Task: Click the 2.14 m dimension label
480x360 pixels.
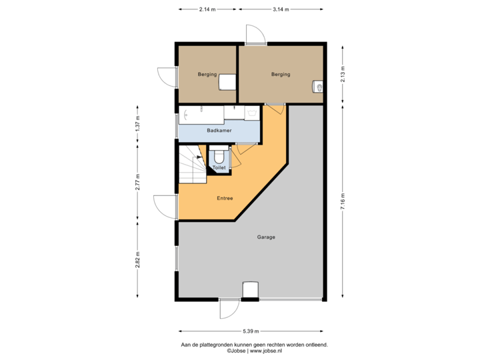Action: point(207,9)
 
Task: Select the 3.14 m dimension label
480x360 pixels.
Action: point(281,9)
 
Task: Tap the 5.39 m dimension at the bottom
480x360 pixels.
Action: point(251,331)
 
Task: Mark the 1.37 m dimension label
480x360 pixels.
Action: point(137,125)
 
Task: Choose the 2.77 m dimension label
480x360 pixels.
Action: point(137,183)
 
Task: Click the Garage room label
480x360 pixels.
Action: point(266,237)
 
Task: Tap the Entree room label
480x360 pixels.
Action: point(225,199)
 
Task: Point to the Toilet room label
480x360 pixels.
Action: point(219,167)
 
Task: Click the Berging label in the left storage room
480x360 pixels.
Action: point(207,74)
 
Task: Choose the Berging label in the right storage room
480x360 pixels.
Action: point(281,74)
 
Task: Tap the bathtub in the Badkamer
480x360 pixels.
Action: point(201,114)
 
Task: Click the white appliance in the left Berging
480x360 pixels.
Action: point(228,81)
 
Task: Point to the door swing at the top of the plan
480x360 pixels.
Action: point(255,33)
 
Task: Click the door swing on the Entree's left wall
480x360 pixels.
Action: point(163,205)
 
